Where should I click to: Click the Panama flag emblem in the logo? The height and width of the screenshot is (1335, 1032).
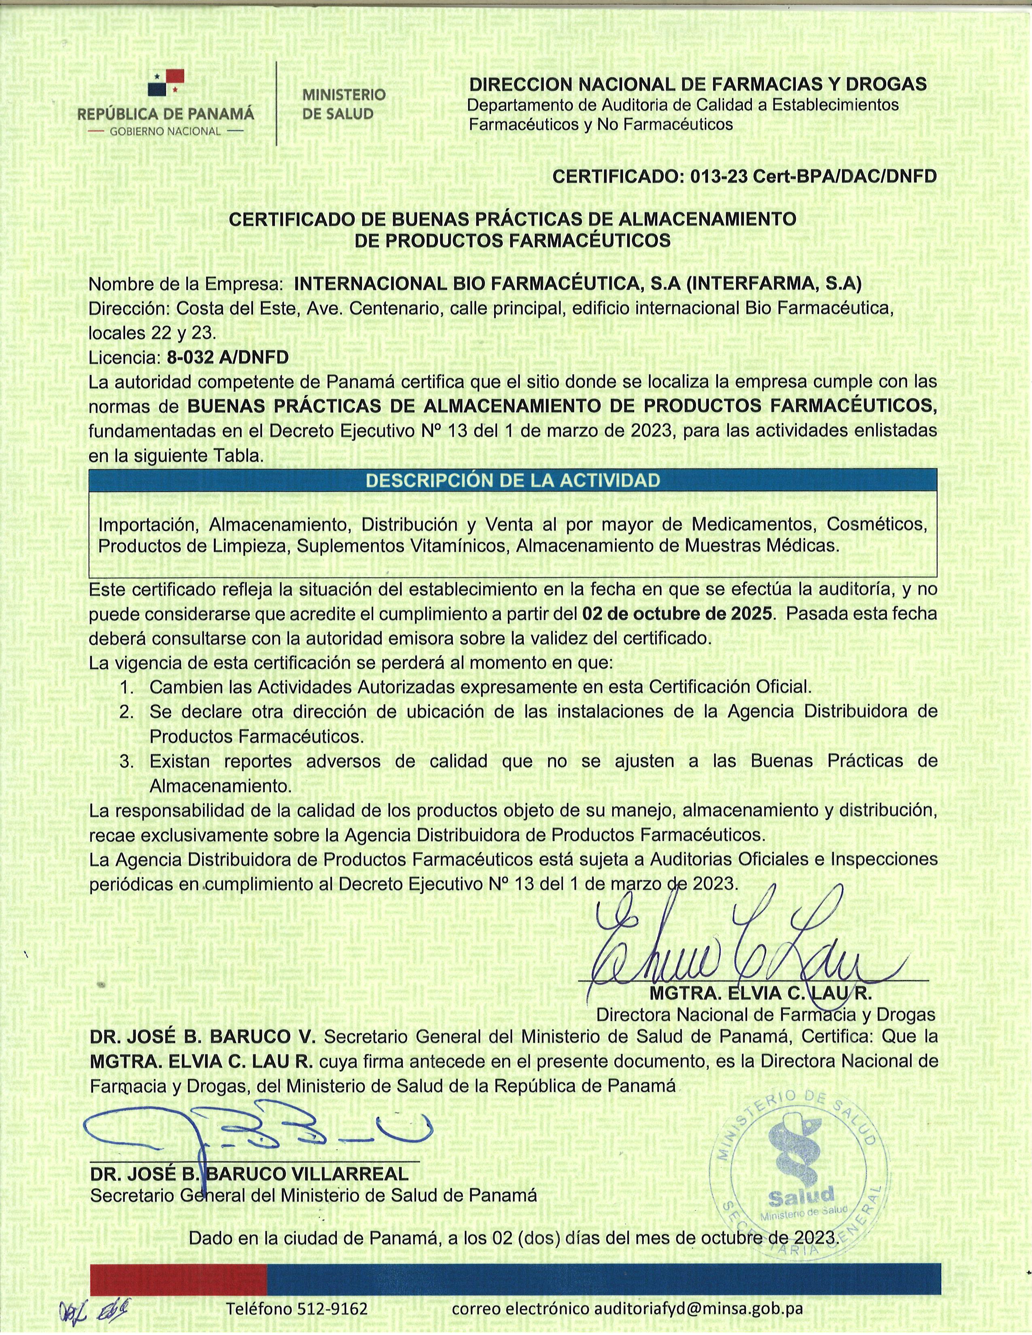[x=166, y=83]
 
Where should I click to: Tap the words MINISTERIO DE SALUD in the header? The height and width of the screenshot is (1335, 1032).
[x=344, y=104]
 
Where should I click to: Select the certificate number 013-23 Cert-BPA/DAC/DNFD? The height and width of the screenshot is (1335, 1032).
[x=813, y=177]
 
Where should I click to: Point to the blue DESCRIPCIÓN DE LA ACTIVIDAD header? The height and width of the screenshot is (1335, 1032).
[x=512, y=481]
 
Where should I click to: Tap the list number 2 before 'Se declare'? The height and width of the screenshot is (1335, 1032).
[x=127, y=712]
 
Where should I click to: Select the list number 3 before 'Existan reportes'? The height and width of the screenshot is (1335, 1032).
[x=127, y=762]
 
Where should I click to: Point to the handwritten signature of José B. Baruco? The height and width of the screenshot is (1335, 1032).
[x=257, y=1128]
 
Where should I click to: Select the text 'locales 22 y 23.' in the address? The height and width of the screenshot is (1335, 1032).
[x=152, y=333]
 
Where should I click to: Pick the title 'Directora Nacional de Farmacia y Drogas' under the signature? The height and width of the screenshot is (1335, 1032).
[x=765, y=1015]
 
